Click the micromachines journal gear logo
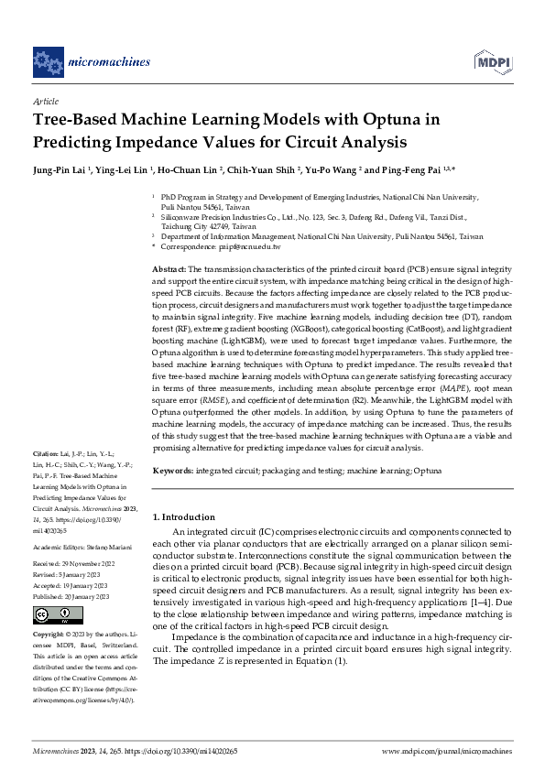49,61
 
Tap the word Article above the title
46,102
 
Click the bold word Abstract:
169,267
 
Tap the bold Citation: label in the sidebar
45,454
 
